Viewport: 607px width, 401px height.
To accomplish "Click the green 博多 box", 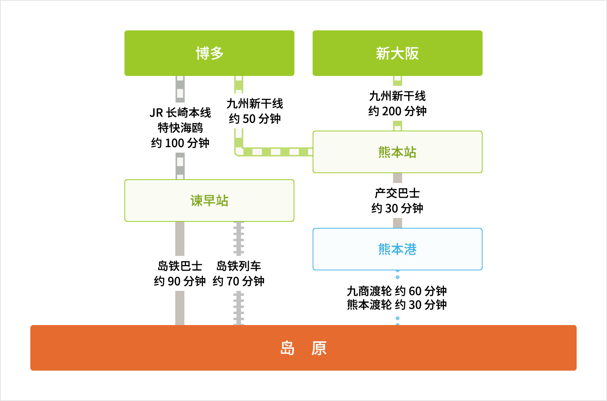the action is pos(209,53).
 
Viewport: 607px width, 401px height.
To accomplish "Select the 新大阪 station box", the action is pos(398,53).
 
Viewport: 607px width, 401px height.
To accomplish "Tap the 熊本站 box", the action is pos(398,152).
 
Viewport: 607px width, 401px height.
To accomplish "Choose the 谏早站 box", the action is pos(209,200).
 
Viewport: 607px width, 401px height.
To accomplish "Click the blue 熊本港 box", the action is pos(398,249).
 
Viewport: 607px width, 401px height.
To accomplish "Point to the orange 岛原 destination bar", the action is pos(303,348).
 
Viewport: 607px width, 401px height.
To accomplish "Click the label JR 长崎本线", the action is pos(180,113).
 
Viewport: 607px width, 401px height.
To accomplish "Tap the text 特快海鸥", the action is pos(180,128).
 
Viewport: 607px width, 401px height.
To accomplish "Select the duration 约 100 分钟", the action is pos(180,143).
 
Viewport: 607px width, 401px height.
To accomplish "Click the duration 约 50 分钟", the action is pos(255,119).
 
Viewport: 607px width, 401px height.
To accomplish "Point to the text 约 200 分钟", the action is pos(398,111).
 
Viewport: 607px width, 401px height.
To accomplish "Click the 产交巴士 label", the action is pos(398,193).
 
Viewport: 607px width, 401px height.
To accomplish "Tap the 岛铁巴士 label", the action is pos(180,266).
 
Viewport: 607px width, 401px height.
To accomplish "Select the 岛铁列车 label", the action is pos(239,266).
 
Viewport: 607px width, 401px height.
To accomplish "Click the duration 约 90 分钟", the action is pos(180,281).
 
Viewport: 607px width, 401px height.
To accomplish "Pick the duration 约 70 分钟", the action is pos(239,281).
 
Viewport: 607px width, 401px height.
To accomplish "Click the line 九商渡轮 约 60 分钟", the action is pos(397,291).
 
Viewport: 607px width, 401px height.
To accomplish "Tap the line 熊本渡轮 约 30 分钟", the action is pos(397,305).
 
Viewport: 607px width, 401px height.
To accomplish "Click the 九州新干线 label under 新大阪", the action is pos(398,96).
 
